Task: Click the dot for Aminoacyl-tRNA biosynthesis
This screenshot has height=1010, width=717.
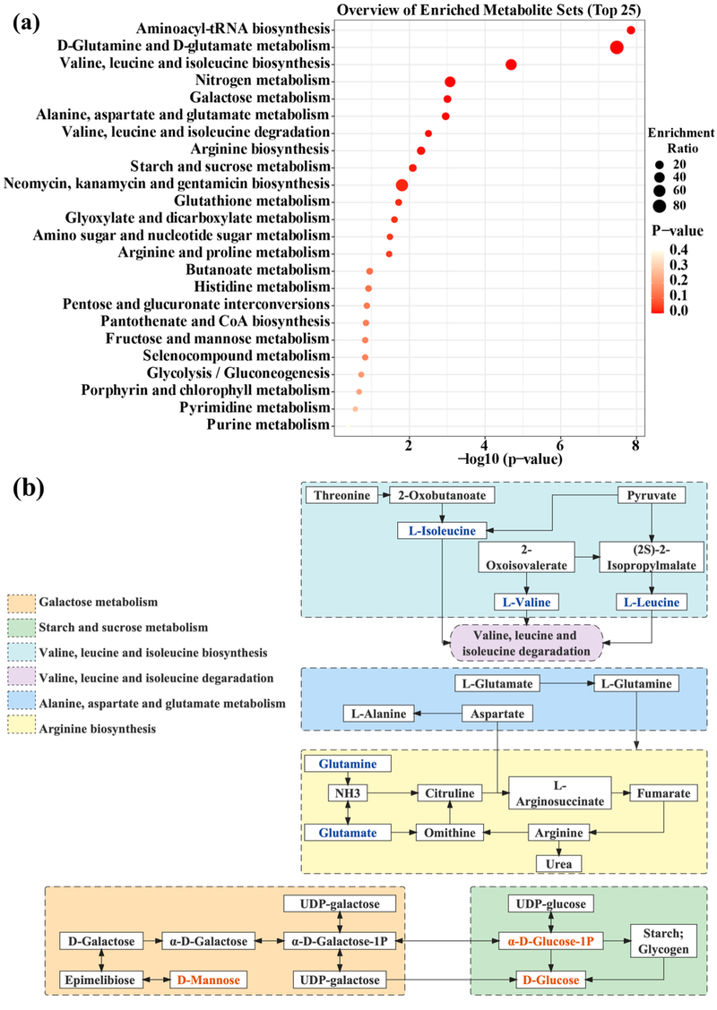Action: (x=631, y=30)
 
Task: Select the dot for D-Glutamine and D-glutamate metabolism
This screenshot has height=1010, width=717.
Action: (x=617, y=47)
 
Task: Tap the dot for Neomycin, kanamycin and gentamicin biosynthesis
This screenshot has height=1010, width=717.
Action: (x=402, y=185)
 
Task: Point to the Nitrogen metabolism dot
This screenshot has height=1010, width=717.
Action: (x=450, y=82)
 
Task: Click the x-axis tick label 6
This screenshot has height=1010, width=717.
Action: (x=560, y=445)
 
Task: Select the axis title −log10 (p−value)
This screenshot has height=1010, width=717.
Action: (x=485, y=460)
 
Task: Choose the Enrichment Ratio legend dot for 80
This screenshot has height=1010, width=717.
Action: (x=659, y=205)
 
